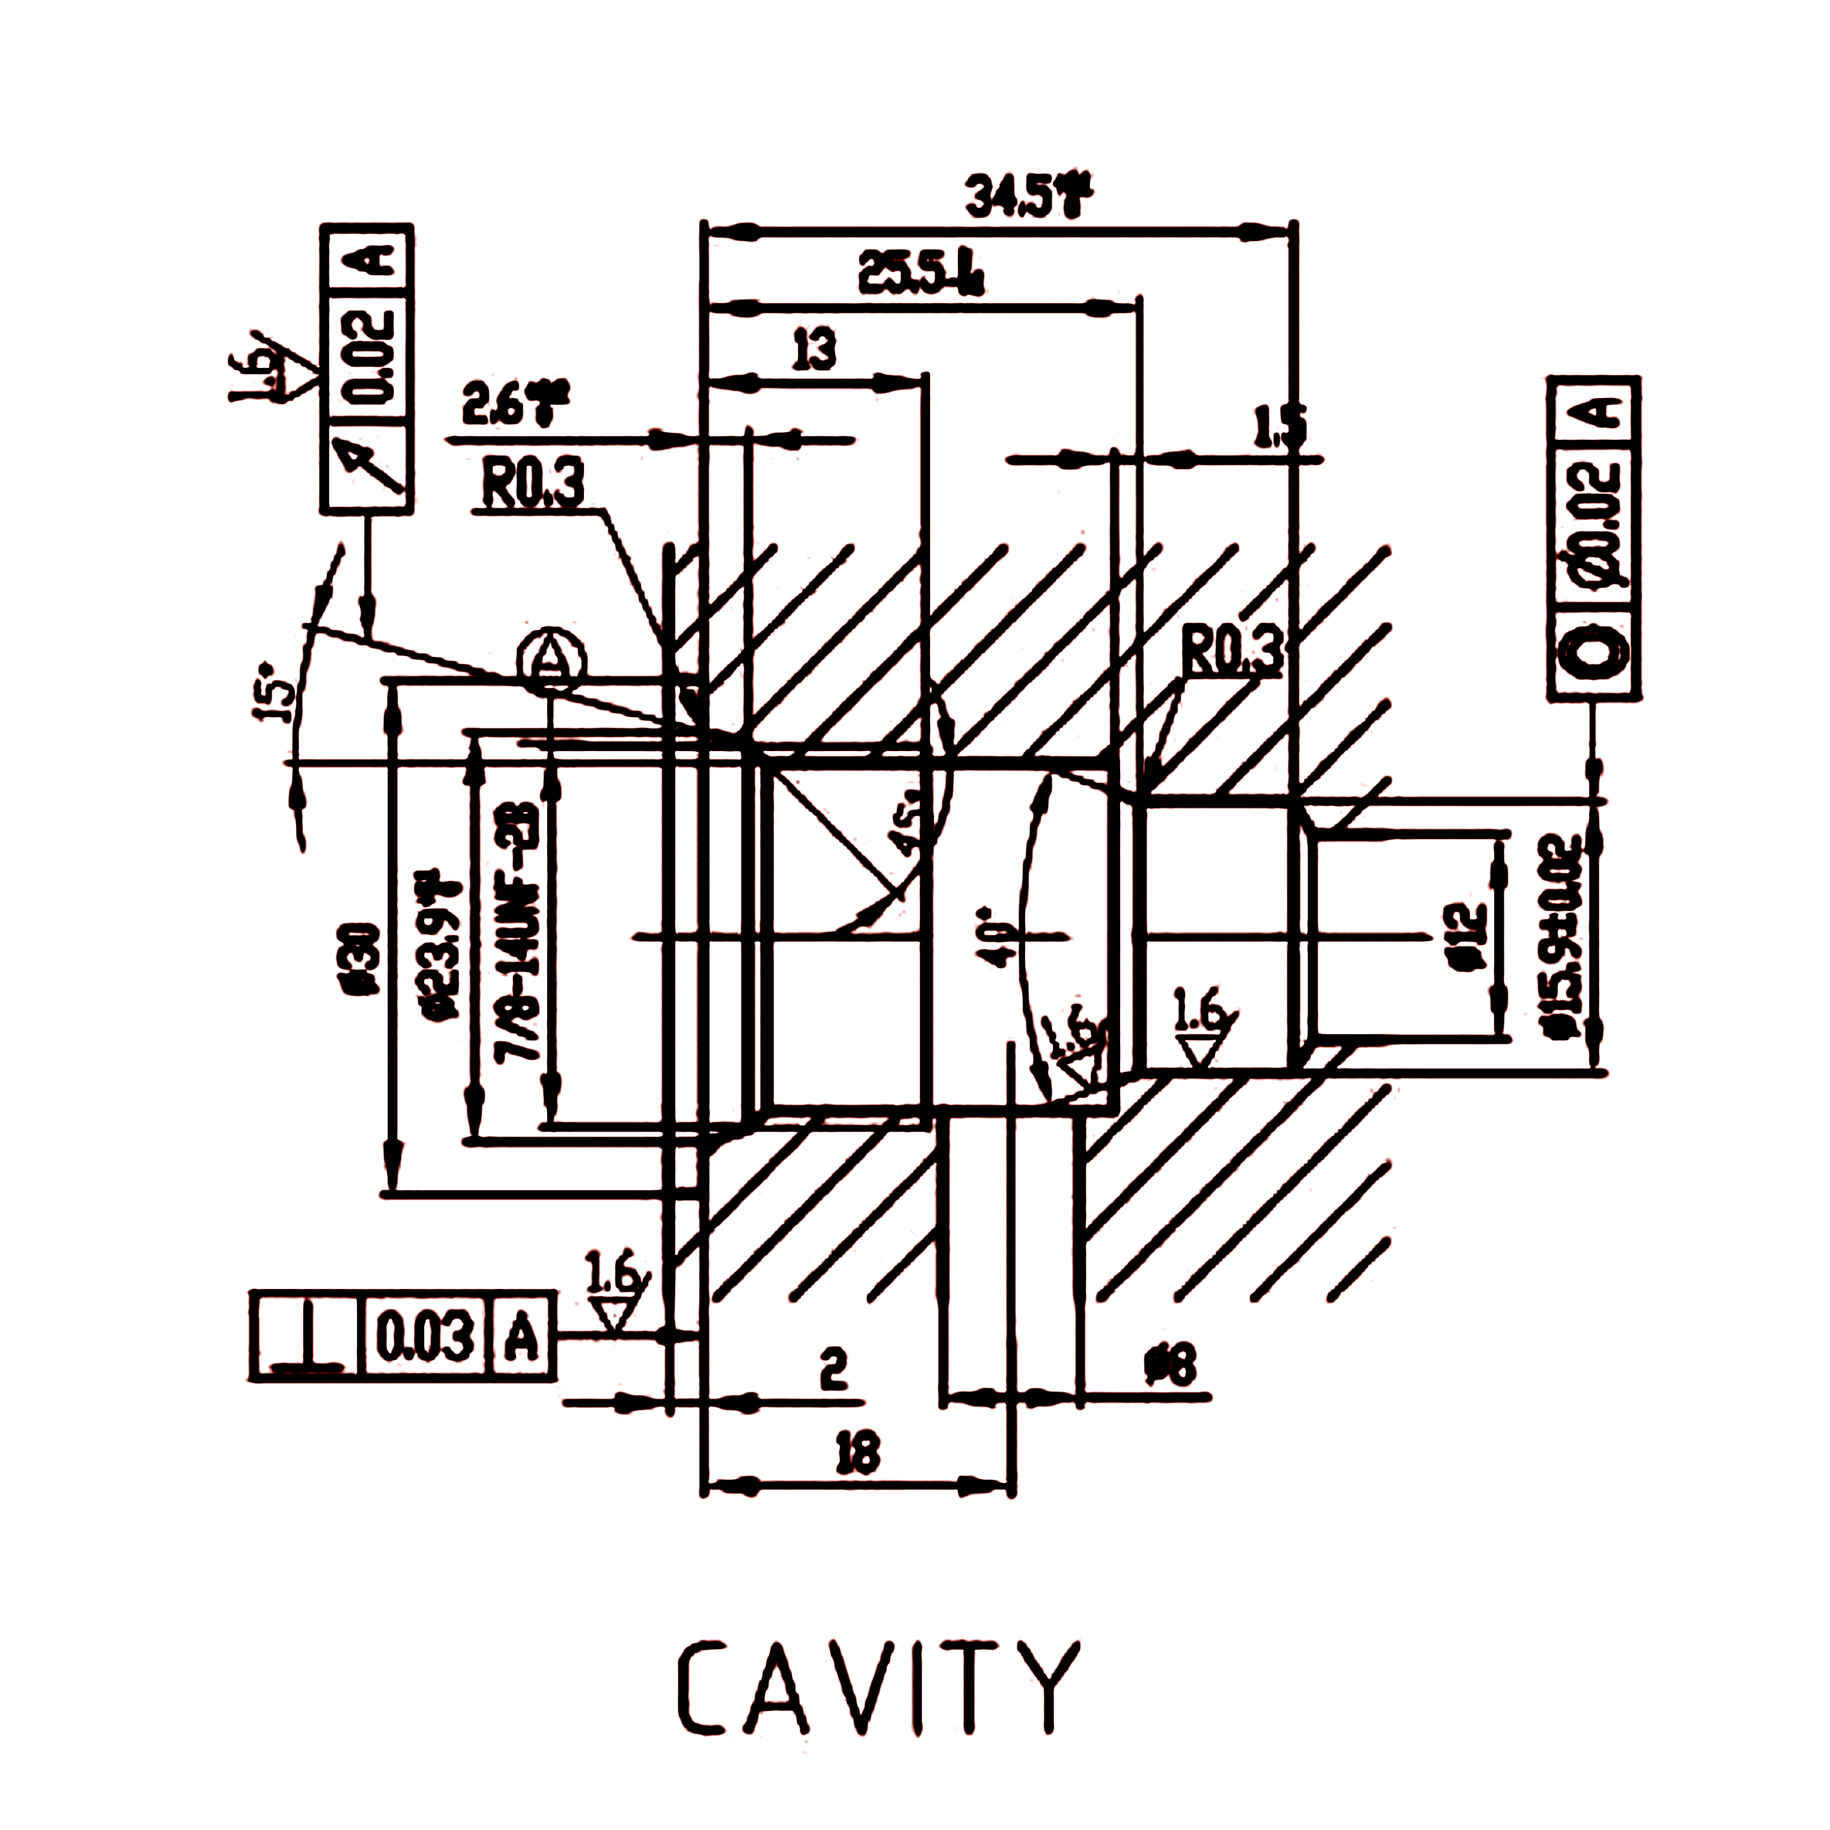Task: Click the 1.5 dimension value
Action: coord(1279,428)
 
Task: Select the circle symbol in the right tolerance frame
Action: coord(1593,652)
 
